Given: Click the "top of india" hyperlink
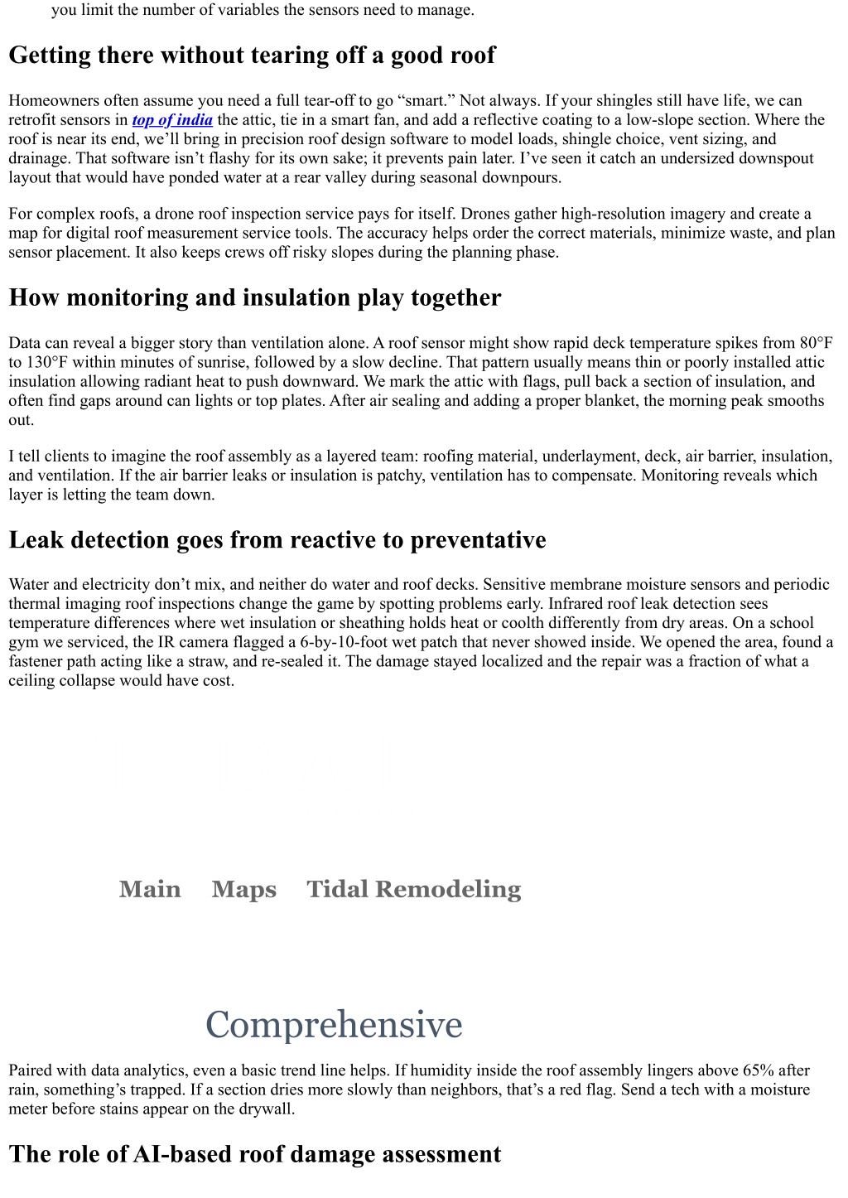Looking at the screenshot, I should click(x=172, y=120).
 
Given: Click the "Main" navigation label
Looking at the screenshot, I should click(x=150, y=889).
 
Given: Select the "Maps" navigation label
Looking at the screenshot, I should click(x=243, y=889).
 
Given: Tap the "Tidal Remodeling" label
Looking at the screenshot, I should click(x=413, y=889).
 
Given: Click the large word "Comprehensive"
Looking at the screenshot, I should click(x=334, y=1025).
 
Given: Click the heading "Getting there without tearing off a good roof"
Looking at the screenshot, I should click(x=252, y=56).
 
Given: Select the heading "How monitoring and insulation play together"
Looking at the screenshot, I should click(x=254, y=298).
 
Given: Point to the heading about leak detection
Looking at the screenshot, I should click(x=277, y=540).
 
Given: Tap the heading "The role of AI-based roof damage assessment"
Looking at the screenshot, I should click(x=254, y=1155).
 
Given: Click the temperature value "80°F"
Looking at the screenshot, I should click(x=816, y=343).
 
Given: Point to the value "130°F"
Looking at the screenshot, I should click(x=47, y=362).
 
